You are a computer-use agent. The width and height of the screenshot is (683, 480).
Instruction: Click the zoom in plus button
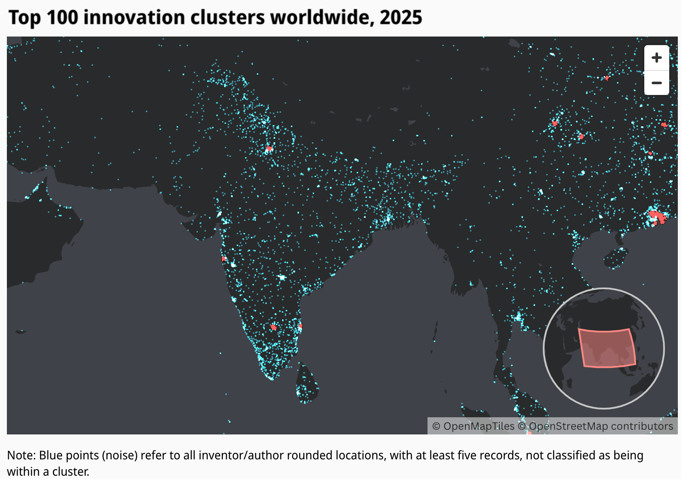[x=656, y=58]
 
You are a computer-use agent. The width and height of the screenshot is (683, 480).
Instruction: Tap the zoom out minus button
[x=656, y=83]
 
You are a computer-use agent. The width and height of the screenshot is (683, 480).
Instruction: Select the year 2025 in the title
[x=401, y=18]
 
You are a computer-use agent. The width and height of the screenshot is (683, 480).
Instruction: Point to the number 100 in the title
[x=62, y=18]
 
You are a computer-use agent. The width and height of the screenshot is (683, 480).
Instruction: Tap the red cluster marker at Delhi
[x=269, y=149]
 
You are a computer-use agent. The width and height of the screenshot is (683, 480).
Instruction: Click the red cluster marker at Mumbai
[x=224, y=259]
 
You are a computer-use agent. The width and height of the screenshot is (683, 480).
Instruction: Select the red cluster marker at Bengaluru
[x=274, y=327]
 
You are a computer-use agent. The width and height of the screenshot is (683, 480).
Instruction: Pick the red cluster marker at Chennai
[x=300, y=327]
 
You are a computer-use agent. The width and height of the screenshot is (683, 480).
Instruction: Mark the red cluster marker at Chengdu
[x=555, y=123]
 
